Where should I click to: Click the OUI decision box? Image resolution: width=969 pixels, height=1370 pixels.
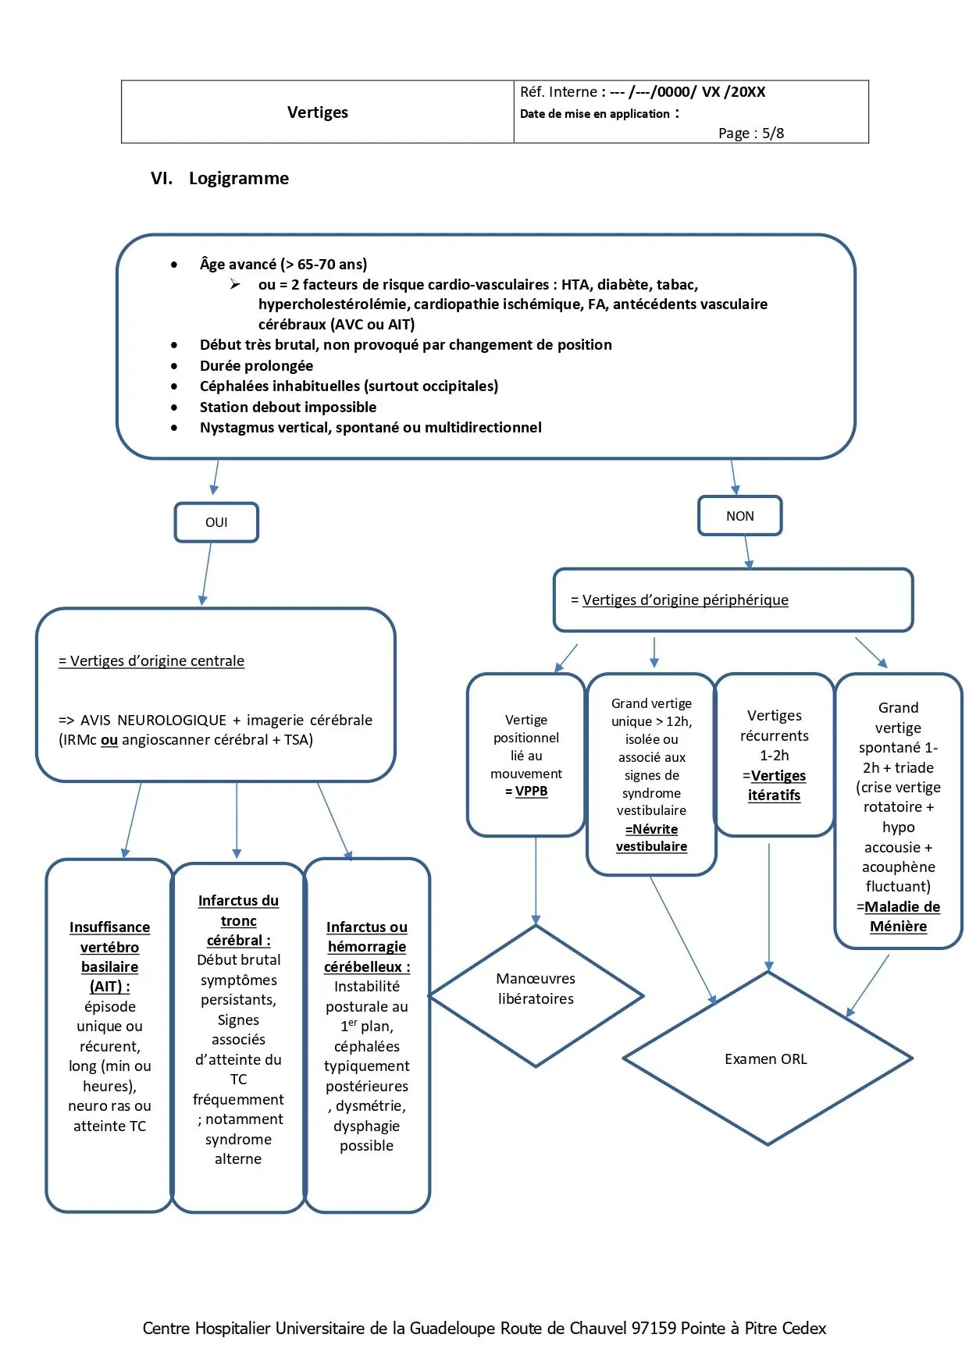pyautogui.click(x=216, y=522)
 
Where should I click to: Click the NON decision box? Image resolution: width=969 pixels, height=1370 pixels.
pyautogui.click(x=739, y=516)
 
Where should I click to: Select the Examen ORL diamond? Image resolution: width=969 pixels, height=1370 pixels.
pyautogui.click(x=767, y=1059)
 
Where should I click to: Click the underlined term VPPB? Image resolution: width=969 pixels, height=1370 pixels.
pyautogui.click(x=531, y=791)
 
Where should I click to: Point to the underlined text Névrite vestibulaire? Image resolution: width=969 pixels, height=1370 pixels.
pyautogui.click(x=651, y=838)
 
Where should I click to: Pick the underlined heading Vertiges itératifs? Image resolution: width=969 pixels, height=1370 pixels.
pyautogui.click(x=775, y=785)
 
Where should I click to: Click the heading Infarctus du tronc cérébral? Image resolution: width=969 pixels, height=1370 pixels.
pyautogui.click(x=238, y=920)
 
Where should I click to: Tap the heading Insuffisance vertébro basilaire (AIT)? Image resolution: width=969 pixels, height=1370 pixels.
pyautogui.click(x=109, y=956)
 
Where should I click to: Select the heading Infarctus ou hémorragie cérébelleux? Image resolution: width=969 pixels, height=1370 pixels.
pyautogui.click(x=367, y=946)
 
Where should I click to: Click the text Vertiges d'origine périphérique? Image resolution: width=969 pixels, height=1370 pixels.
pyautogui.click(x=685, y=600)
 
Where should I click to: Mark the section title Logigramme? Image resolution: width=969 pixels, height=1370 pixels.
pyautogui.click(x=238, y=178)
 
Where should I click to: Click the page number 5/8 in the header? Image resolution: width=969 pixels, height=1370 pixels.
pyautogui.click(x=773, y=133)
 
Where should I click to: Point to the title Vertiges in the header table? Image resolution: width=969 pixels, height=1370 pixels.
pyautogui.click(x=317, y=112)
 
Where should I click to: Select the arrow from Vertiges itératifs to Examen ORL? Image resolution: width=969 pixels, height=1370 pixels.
pyautogui.click(x=769, y=906)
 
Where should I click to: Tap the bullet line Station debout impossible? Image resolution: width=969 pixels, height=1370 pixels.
pyautogui.click(x=287, y=407)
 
